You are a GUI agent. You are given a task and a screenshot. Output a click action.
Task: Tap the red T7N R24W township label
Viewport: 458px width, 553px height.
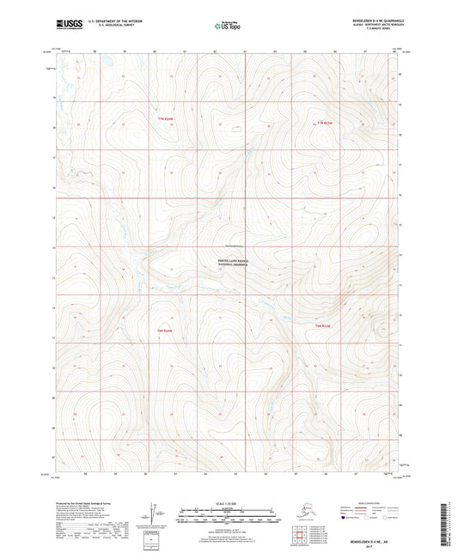[164, 119]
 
